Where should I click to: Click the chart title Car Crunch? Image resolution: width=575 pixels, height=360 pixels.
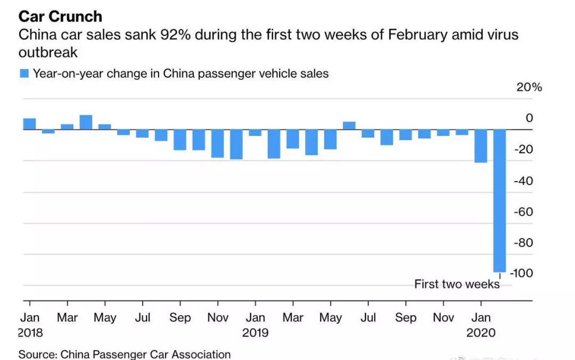coord(60,16)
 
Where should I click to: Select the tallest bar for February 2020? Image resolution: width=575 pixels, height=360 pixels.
coord(500,200)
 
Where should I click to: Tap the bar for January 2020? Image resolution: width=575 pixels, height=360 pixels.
coord(481,145)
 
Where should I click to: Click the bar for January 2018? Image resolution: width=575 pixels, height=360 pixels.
coord(29,124)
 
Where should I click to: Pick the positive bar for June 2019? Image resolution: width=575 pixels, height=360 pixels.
coord(349,126)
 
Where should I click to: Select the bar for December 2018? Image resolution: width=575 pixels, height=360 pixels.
coord(236,144)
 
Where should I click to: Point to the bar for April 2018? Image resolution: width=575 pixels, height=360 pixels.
coord(86,122)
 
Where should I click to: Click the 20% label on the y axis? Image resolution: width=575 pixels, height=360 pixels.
coord(529,87)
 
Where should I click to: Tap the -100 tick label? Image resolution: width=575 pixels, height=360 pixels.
coord(522,273)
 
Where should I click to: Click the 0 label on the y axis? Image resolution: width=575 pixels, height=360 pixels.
coord(529,118)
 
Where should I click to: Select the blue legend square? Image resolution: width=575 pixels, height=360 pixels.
coord(24,73)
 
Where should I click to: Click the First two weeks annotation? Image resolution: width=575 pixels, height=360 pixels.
coord(457,284)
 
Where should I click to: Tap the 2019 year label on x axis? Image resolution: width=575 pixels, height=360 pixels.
coord(255,333)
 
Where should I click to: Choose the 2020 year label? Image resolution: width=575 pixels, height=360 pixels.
coord(481,333)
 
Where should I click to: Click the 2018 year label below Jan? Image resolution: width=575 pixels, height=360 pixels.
coord(30,333)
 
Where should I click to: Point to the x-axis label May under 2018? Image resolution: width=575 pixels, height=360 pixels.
coord(105,318)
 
